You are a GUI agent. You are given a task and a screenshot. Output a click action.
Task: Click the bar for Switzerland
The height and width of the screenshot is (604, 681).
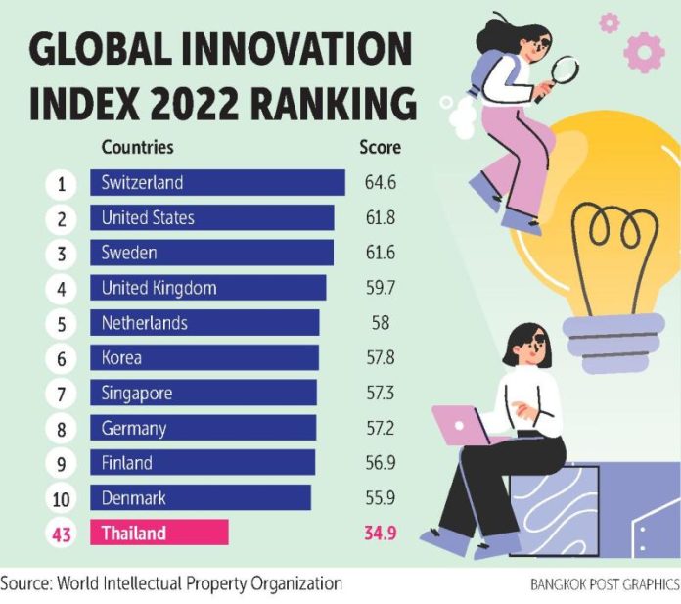pos(217,183)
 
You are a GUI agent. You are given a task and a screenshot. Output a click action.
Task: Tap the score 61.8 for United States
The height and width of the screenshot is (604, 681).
pos(380,218)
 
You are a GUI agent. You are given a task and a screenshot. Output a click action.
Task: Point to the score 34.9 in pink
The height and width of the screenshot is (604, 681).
pos(380,534)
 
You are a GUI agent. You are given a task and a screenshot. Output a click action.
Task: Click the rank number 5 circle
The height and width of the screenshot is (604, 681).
pos(61,323)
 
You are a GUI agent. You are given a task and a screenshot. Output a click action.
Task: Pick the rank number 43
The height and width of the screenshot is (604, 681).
pos(61,534)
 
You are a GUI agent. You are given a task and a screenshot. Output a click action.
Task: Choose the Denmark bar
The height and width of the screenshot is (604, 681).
pos(200,498)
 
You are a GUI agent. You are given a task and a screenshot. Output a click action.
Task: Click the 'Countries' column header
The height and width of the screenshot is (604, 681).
pos(137,148)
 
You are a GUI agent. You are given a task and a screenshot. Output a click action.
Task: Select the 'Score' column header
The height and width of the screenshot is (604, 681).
pos(380,148)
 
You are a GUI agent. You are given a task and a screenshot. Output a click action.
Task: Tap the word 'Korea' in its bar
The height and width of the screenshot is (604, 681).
pos(121,358)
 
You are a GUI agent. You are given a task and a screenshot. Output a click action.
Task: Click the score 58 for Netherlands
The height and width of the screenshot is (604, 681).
pos(380,323)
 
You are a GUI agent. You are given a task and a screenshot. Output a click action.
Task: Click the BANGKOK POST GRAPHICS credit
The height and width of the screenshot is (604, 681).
pos(604,584)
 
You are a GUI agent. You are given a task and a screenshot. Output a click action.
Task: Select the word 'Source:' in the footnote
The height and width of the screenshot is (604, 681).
pos(26,583)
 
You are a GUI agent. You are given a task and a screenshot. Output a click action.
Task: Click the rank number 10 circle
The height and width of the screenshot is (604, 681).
pos(61,498)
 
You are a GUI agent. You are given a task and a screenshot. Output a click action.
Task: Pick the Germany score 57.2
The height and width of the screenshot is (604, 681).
pos(380,429)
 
